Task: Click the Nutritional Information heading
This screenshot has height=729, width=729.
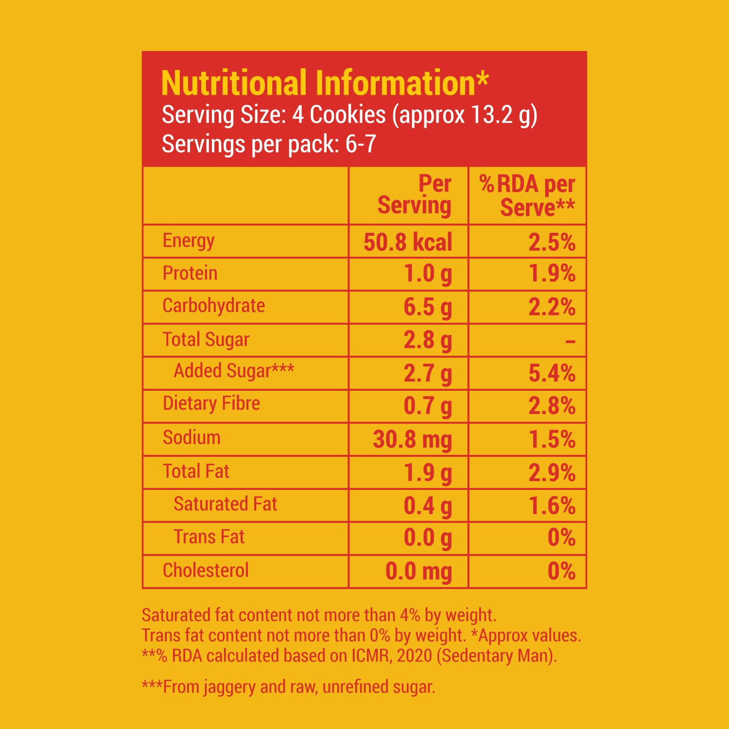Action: point(324,83)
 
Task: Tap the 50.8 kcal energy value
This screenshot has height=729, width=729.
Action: point(408,242)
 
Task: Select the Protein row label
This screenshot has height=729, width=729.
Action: point(190,273)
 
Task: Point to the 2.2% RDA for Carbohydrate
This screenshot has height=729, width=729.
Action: point(552,307)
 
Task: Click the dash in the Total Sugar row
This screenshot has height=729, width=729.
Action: point(570,342)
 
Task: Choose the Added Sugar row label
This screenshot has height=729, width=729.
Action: point(234,371)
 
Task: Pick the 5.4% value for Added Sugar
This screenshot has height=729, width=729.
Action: point(552,373)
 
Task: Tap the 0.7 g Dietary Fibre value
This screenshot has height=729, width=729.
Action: point(428,406)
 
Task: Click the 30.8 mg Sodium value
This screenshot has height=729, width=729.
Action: point(412,440)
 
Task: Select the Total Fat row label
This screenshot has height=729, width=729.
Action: point(196,471)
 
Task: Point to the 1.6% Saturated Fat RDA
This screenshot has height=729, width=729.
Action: point(552,506)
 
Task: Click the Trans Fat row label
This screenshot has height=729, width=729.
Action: point(209,537)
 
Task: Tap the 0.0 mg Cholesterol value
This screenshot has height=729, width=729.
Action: point(418,572)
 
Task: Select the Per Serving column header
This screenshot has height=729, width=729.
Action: point(415,195)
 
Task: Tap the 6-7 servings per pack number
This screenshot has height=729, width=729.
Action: point(361,144)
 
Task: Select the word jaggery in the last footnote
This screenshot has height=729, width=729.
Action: point(229,687)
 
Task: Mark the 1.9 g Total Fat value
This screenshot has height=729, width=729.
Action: point(428,473)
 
